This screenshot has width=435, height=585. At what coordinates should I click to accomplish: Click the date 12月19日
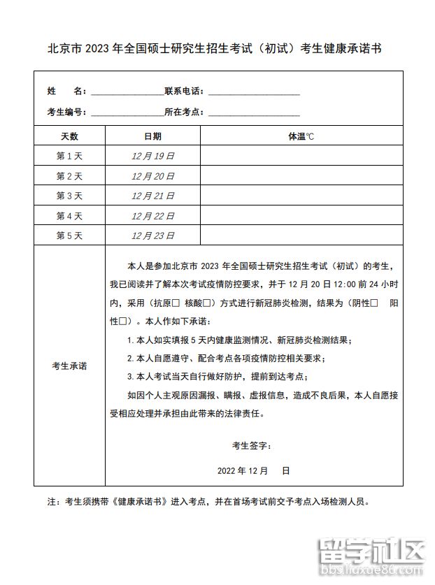tap(152, 156)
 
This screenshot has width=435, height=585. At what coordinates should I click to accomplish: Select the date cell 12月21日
tap(152, 196)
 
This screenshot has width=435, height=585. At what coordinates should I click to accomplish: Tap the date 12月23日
tap(152, 236)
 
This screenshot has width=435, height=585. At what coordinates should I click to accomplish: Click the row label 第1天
tap(69, 156)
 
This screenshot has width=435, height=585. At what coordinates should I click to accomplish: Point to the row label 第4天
tap(69, 216)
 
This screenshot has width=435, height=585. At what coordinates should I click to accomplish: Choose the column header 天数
tap(69, 136)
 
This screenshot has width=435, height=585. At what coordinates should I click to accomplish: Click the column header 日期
tap(152, 136)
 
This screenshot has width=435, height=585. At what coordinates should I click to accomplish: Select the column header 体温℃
tap(301, 136)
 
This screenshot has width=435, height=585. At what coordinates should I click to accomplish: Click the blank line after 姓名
tap(126, 92)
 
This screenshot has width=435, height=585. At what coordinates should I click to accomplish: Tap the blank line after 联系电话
tap(254, 92)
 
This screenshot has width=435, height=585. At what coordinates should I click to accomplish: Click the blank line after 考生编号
tap(126, 112)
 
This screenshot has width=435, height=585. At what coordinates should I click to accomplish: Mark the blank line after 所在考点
tap(254, 112)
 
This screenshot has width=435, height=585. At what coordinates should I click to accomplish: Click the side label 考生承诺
tap(69, 366)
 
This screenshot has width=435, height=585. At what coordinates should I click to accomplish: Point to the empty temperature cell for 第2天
tap(301, 176)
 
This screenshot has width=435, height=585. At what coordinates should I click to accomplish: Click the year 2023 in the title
tap(98, 49)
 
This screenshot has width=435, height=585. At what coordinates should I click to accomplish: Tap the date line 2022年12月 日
tap(252, 470)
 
